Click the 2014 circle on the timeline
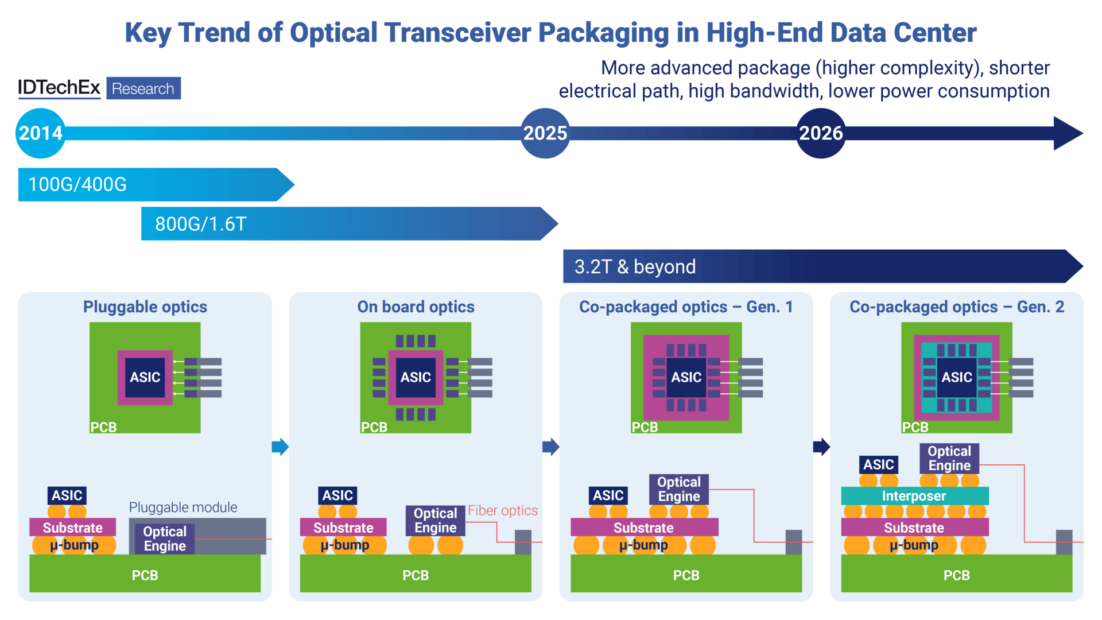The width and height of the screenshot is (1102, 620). click(x=40, y=133)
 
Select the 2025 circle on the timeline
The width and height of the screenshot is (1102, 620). click(x=545, y=133)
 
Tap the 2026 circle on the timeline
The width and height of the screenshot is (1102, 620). click(x=821, y=133)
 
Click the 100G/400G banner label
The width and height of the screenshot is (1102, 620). click(x=77, y=185)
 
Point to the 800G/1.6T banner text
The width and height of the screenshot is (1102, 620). click(x=201, y=224)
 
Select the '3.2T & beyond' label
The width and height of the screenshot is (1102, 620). click(x=635, y=267)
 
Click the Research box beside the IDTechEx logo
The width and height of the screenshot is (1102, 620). click(x=143, y=88)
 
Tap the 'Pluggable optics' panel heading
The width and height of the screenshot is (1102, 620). click(x=145, y=307)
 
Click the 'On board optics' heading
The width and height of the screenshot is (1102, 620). click(x=416, y=307)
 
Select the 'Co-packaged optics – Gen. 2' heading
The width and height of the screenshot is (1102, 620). click(x=956, y=307)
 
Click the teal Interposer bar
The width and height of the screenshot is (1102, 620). click(x=914, y=496)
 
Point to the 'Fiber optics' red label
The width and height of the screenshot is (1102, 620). click(x=502, y=510)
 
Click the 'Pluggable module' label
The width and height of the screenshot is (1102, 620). click(x=183, y=507)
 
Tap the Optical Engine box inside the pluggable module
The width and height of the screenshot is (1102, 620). click(x=165, y=538)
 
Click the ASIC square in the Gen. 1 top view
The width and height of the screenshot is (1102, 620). click(x=686, y=377)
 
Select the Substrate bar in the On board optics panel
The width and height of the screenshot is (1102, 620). click(x=343, y=527)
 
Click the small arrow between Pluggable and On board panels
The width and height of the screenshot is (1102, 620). click(x=280, y=447)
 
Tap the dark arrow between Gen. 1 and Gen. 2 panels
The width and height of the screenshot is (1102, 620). click(x=821, y=447)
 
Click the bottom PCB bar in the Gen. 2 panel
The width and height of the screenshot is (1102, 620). click(x=956, y=575)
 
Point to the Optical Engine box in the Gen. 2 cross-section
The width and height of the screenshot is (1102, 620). click(x=949, y=458)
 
